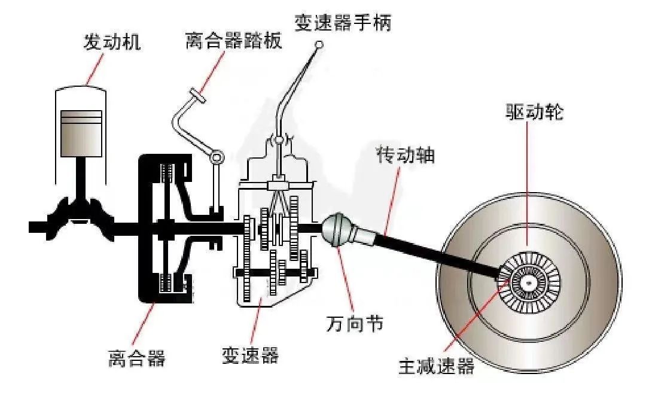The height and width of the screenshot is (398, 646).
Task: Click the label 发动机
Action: coord(112,42)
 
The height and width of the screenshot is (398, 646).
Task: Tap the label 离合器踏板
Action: coord(234,40)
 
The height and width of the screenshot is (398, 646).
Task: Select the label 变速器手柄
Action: coord(343,22)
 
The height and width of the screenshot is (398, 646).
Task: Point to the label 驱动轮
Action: coord(534,111)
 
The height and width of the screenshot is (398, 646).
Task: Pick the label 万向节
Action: coord(354,323)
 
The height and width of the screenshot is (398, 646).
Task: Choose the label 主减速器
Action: coord(436,366)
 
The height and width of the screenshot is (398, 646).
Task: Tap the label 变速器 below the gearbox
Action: coord(251,355)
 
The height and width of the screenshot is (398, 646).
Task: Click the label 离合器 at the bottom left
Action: coord(137,357)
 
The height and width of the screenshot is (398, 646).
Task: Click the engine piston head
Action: coord(81,133)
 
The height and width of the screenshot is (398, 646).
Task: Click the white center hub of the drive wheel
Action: coord(528,282)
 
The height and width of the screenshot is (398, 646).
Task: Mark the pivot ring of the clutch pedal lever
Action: coord(217,157)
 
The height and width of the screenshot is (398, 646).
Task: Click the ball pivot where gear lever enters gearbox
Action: coord(279,140)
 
